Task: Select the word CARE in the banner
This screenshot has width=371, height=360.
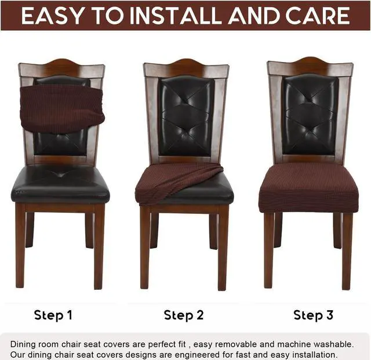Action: [x=319, y=16]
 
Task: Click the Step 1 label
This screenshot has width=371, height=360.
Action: [x=53, y=315]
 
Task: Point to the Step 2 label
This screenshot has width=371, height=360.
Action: [x=184, y=315]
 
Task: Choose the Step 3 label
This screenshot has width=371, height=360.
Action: [x=314, y=315]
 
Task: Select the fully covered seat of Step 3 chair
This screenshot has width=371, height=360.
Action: [x=309, y=186]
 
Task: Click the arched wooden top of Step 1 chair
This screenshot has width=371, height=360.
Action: [x=61, y=66]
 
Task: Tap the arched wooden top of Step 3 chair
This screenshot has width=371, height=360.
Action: [x=310, y=64]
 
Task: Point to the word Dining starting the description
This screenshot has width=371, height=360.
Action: [x=23, y=344]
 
